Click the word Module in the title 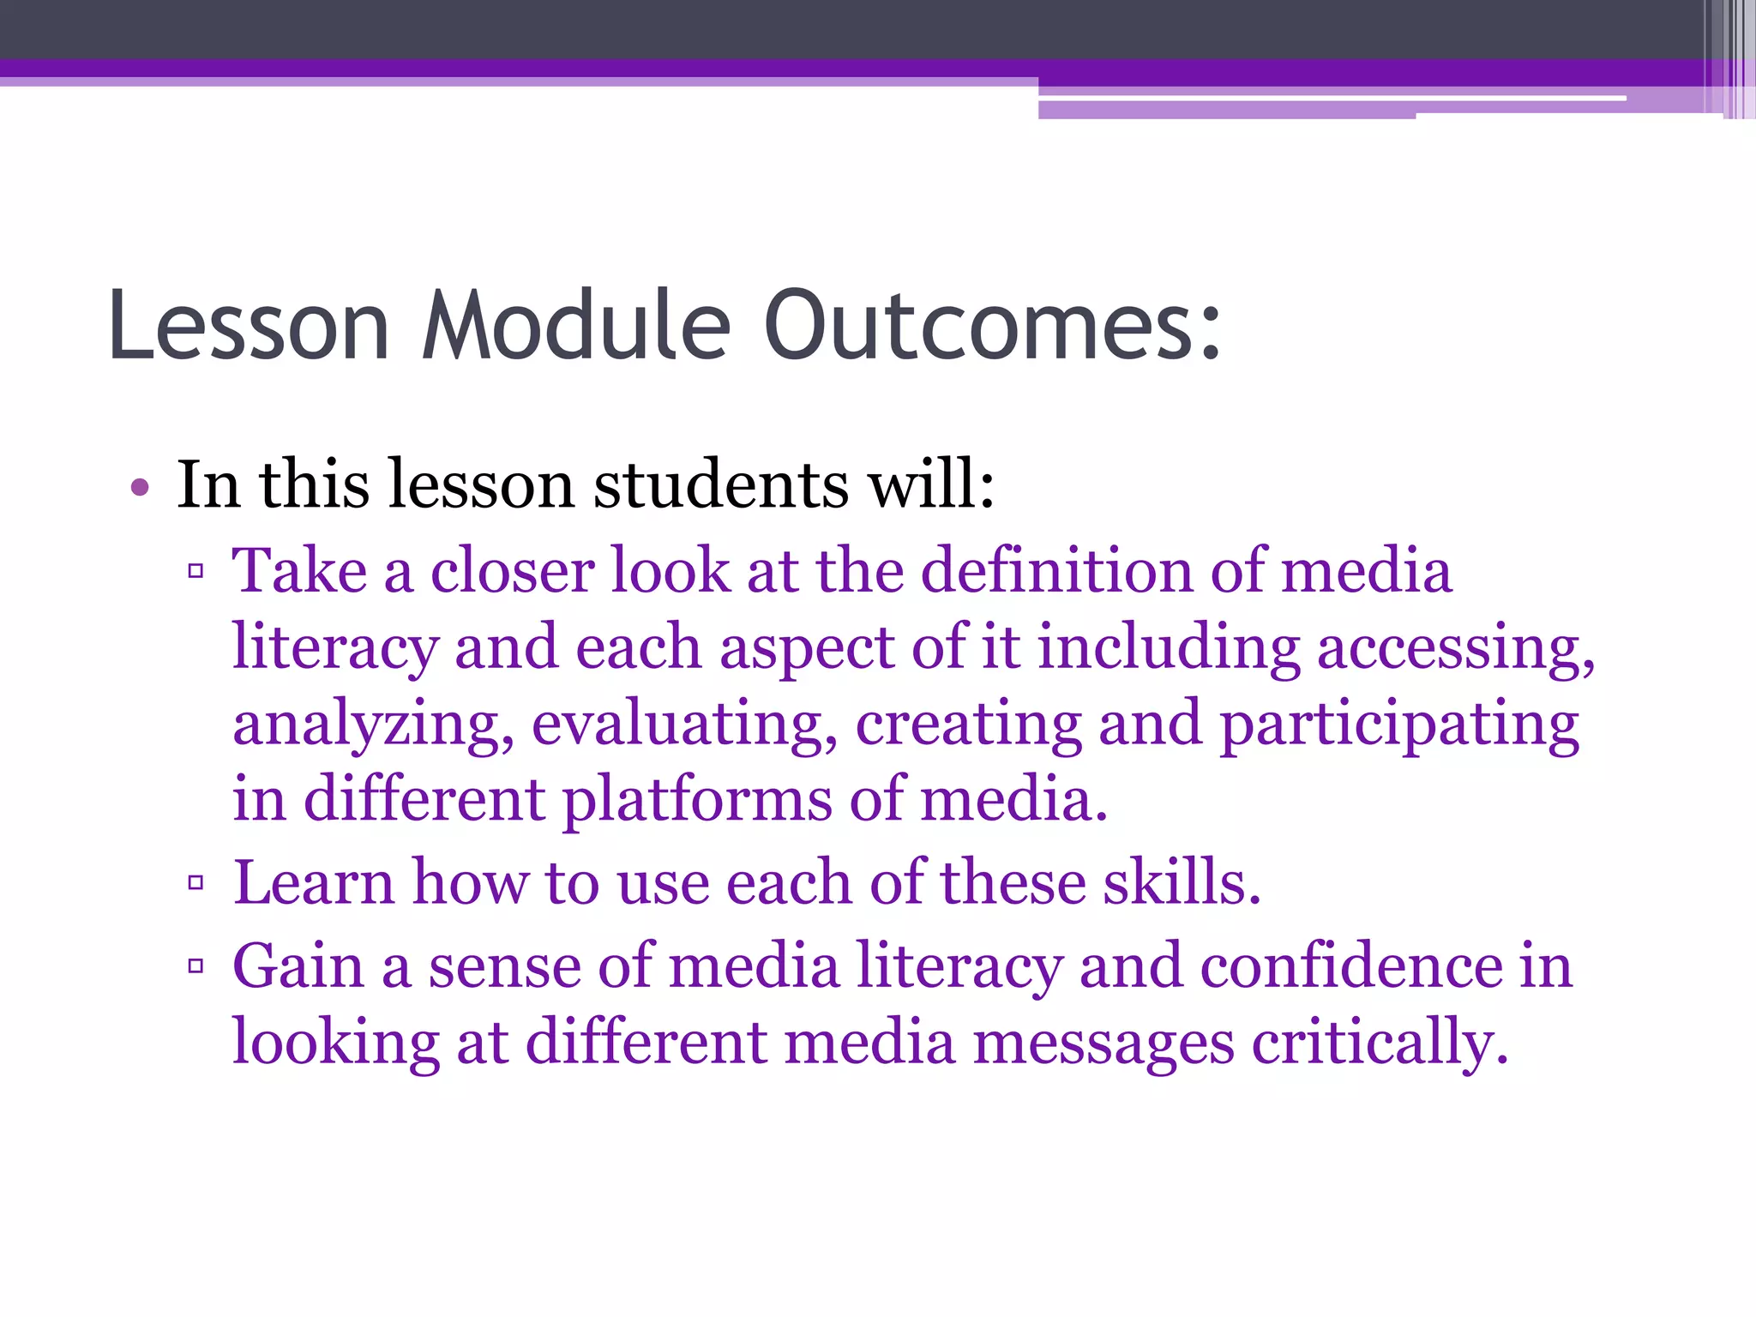(x=576, y=326)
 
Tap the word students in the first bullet (x=721, y=485)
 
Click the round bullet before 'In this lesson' (x=140, y=489)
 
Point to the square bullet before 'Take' (x=195, y=571)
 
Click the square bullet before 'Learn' (x=195, y=882)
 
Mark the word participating (x=1398, y=725)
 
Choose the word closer (x=512, y=571)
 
